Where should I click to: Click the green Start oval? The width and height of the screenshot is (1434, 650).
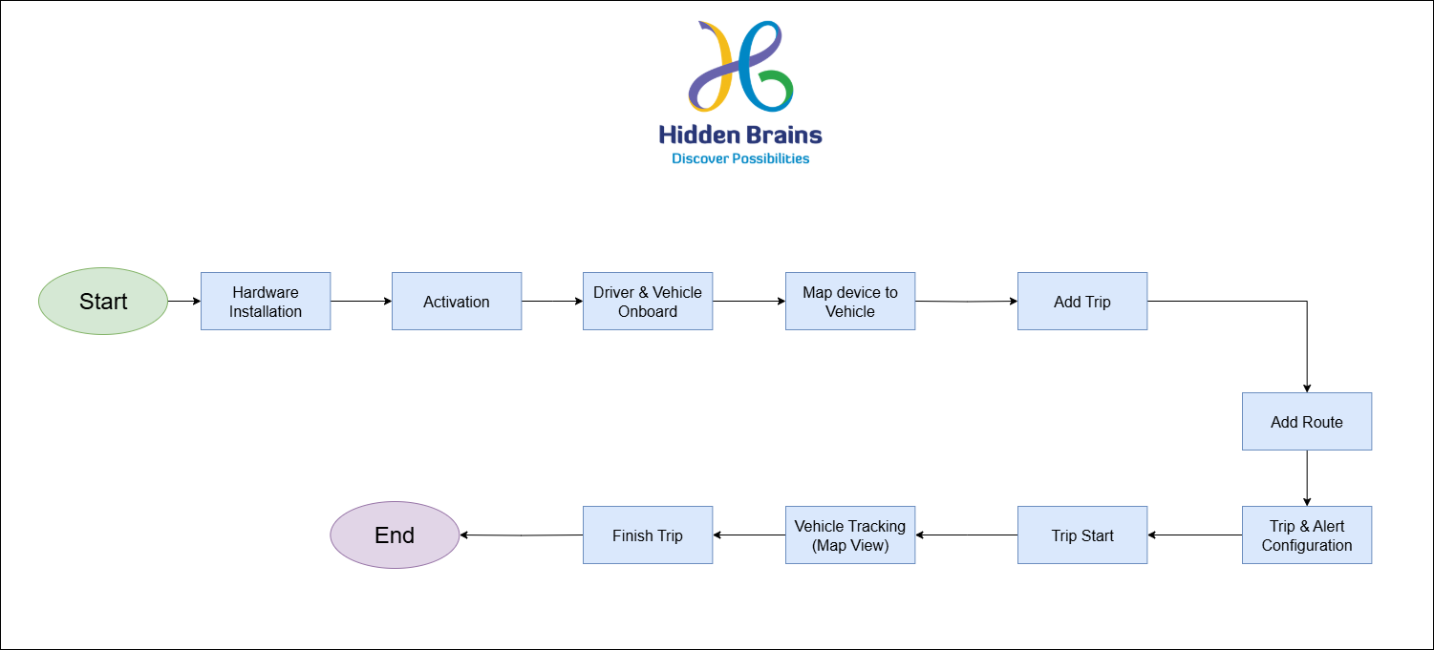(x=103, y=302)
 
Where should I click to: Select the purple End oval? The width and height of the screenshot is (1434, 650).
(x=395, y=535)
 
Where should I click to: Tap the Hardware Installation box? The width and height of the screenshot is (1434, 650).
(x=266, y=302)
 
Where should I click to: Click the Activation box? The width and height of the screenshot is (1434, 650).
(x=457, y=302)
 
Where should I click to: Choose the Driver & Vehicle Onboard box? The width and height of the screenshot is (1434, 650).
(x=648, y=302)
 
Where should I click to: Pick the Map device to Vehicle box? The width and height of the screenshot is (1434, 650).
(x=850, y=302)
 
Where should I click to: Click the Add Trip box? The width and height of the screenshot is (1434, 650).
(x=1082, y=302)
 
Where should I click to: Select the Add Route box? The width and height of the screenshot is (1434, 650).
(x=1307, y=422)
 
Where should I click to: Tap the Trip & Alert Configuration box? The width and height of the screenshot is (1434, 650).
(x=1307, y=535)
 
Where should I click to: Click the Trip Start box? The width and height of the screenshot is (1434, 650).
(x=1082, y=535)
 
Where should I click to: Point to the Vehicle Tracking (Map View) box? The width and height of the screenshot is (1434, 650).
(x=850, y=535)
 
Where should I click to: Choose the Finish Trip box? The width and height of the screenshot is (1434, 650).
(x=648, y=535)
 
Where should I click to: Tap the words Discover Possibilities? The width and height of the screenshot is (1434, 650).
(x=740, y=158)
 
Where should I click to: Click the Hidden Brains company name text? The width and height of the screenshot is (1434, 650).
(x=740, y=135)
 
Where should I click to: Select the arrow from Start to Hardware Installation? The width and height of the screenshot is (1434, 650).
(x=184, y=302)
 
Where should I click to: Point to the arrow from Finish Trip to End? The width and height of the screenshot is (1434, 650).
(x=522, y=535)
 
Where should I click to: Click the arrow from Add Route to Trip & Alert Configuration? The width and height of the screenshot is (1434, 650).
(x=1307, y=478)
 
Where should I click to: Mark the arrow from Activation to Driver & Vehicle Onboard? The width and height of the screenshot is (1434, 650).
(x=552, y=302)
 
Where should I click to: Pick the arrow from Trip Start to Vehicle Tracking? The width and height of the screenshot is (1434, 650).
(x=967, y=535)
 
